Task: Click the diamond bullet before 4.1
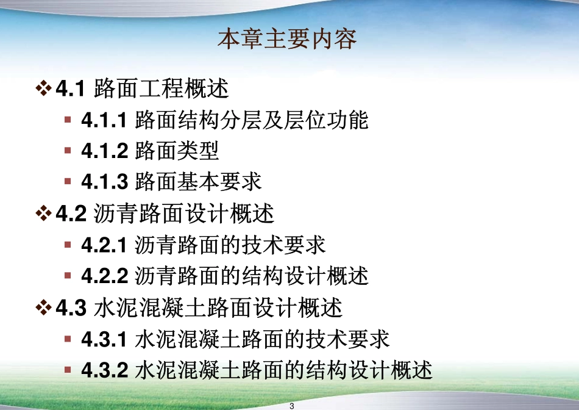coord(43,89)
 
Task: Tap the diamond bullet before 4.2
coord(43,214)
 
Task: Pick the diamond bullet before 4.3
coord(43,307)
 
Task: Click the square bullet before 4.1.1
coord(68,119)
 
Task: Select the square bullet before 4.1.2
coord(68,150)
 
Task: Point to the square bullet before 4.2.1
coord(68,244)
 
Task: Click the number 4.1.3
coord(104,182)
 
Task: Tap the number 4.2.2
coord(104,276)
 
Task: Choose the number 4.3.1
coord(104,339)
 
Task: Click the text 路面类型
coord(177,150)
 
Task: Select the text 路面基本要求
coord(198,182)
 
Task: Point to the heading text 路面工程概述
coord(162,89)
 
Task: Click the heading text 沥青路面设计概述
coord(184,214)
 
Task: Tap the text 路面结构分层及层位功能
coord(252,120)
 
